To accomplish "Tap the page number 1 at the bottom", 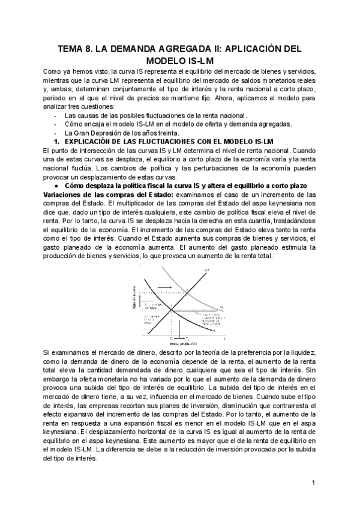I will click(313, 483).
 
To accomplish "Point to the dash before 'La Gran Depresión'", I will click(55, 132).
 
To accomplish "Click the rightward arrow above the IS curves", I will click(167, 288).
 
